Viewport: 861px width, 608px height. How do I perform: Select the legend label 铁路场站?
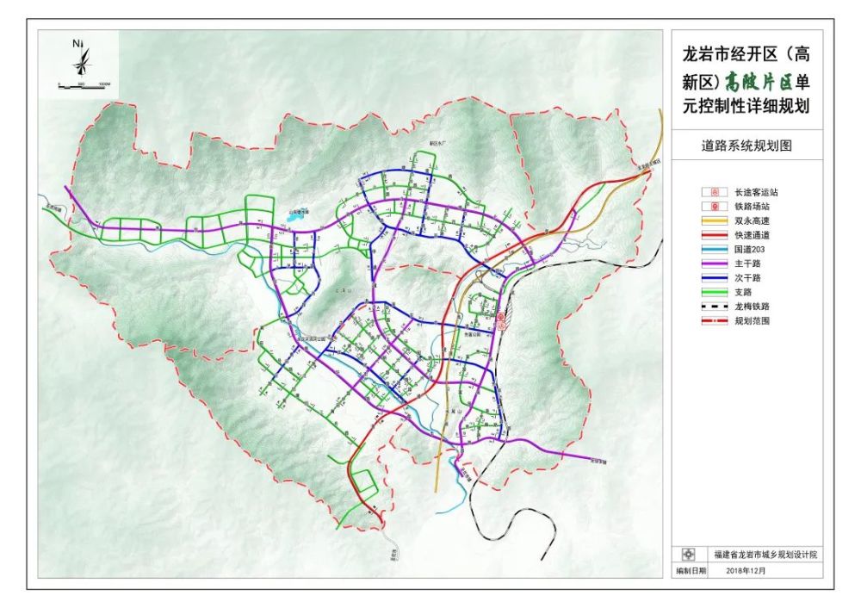(x=750, y=207)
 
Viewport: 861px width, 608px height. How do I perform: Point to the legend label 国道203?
(x=748, y=250)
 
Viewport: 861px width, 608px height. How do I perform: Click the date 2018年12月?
(x=745, y=570)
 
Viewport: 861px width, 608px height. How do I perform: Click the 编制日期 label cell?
(x=691, y=570)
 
